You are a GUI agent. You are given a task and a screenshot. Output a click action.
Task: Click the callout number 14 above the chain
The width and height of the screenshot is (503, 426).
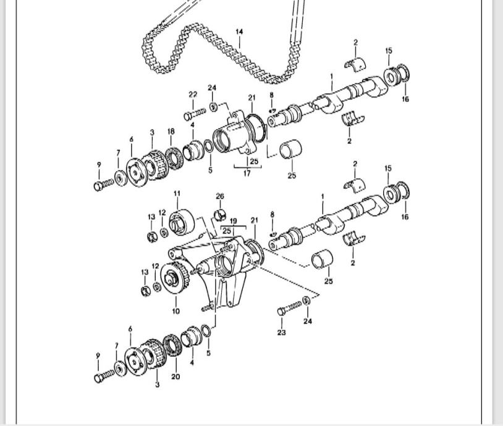pos(239,31)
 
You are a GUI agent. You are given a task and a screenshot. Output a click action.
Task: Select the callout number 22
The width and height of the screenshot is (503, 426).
pos(193,94)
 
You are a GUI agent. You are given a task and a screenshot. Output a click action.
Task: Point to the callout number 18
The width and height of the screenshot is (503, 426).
pos(171,132)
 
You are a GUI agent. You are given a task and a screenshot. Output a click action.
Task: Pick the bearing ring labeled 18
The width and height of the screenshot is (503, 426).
pos(174,158)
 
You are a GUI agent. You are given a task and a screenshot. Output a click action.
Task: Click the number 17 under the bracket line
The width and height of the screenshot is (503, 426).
pos(247,173)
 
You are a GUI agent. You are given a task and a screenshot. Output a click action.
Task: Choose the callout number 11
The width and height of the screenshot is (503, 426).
pos(177,194)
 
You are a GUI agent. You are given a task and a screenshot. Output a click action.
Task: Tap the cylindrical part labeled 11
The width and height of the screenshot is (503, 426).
pos(182,222)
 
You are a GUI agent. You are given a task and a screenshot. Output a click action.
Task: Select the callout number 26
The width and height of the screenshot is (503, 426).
pos(220,197)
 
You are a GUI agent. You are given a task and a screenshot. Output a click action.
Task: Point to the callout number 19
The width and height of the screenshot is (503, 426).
pos(234,220)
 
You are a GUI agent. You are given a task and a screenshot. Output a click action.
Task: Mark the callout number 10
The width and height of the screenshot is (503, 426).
pos(176,311)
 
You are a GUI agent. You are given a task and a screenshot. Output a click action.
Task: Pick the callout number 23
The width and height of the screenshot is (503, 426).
pos(282,333)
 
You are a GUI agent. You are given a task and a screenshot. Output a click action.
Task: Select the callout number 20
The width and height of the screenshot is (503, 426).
pos(175,376)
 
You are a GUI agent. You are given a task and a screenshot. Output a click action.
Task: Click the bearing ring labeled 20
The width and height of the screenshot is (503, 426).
pos(172,345)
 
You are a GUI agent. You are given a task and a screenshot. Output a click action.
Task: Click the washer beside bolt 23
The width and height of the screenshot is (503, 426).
pos(307,301)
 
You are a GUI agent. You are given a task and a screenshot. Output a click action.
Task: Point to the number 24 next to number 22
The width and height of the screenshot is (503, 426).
pos(212,88)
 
